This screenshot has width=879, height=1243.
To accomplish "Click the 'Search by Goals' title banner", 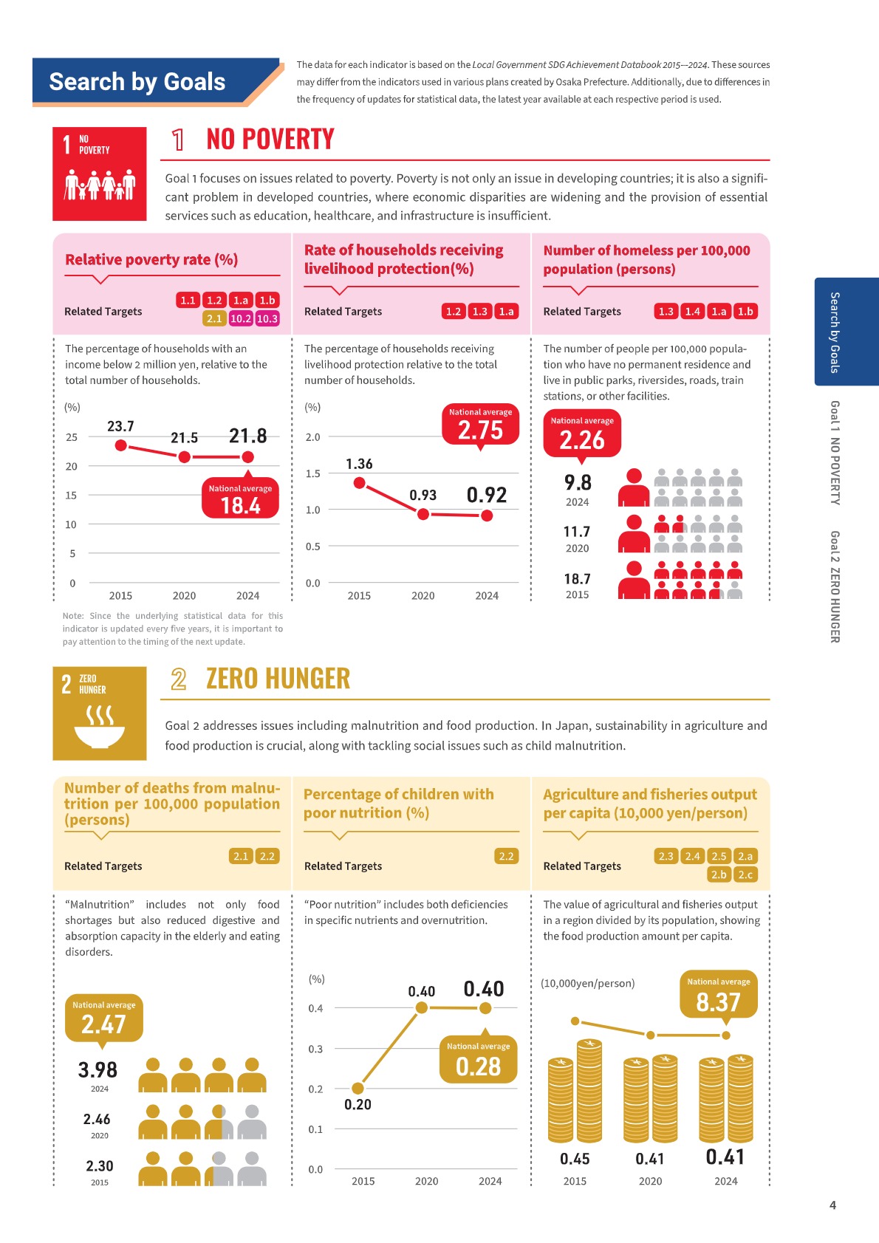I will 137,81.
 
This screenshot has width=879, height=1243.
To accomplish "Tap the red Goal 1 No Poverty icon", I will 99,174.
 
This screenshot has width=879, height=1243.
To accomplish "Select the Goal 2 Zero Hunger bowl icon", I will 99,713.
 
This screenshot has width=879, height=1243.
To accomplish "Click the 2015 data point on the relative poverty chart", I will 121,445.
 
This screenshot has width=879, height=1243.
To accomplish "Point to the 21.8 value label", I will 247,436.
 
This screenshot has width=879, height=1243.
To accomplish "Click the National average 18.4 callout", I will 240,500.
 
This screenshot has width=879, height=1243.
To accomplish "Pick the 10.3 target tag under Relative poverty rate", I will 267,318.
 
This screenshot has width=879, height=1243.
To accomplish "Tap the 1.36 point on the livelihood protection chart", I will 360,483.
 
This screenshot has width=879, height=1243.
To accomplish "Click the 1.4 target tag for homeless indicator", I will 692,311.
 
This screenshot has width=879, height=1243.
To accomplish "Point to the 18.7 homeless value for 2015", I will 577,579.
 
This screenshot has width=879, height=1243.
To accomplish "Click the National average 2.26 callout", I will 582,435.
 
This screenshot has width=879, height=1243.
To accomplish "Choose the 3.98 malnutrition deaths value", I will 98,1069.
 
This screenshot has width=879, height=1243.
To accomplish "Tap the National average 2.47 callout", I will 103,1018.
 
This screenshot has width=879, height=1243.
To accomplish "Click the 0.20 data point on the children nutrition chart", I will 358,1088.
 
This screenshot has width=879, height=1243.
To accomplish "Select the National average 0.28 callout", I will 478,1061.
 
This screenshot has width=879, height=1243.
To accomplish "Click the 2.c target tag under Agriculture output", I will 745,874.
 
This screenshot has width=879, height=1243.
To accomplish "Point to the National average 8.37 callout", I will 718,996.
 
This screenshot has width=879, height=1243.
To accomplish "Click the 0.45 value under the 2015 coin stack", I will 575,1159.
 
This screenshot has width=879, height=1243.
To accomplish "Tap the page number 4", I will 832,1205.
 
